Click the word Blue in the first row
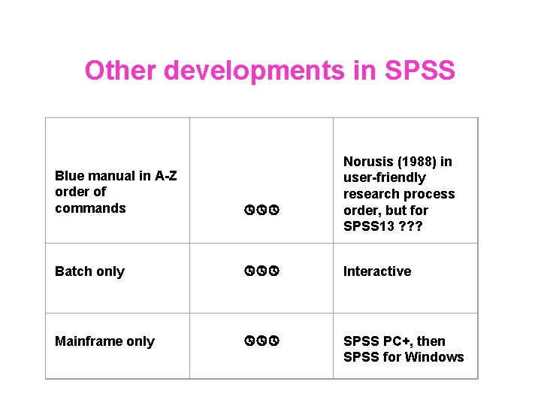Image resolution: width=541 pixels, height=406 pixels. [x=69, y=176]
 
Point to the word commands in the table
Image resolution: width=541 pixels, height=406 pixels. [x=90, y=208]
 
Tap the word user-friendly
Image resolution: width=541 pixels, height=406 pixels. [x=385, y=177]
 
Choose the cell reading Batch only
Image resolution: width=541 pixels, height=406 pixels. [x=89, y=271]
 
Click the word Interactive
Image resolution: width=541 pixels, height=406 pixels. [x=377, y=271]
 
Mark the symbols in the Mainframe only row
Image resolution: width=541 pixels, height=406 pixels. [x=261, y=341]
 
